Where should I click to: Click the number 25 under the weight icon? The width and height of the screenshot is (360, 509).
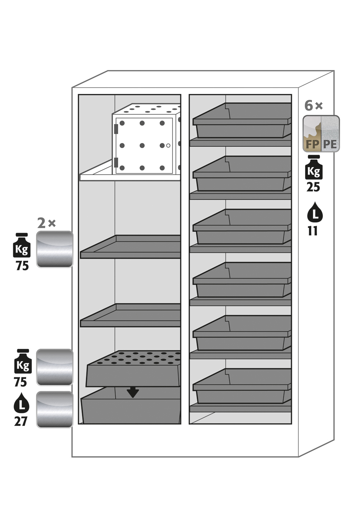pos(313,187)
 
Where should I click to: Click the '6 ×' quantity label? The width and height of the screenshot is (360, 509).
pos(313,106)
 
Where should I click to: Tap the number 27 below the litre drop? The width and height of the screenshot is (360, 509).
pos(21,421)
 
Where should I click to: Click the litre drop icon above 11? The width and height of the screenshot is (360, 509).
pos(315,212)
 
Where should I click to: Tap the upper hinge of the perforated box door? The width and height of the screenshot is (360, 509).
pos(116,128)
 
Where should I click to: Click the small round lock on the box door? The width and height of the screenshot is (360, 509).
pos(168,145)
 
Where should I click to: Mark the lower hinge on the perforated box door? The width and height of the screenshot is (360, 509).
pos(116,162)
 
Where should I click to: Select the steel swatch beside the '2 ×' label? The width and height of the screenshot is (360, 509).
pos(55,249)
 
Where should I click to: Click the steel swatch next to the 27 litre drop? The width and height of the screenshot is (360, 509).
pos(55,409)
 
